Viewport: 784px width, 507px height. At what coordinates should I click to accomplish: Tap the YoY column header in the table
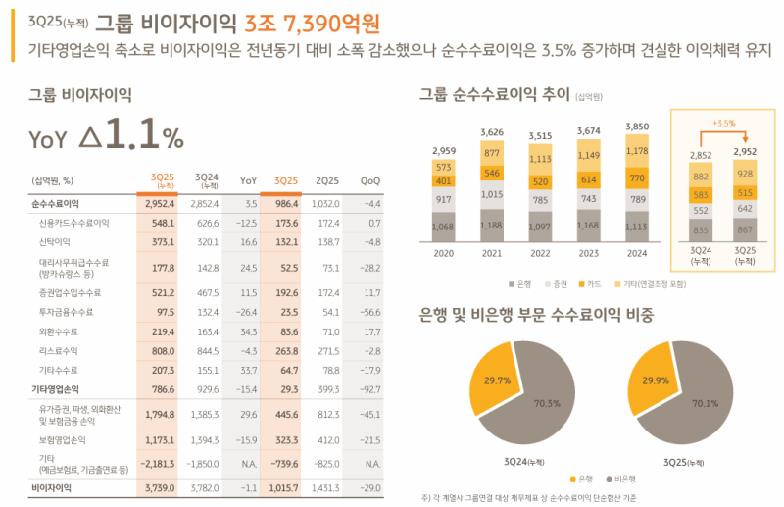(249, 180)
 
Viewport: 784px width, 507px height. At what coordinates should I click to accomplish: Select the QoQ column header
(370, 180)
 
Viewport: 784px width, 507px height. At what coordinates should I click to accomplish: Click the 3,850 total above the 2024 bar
(637, 127)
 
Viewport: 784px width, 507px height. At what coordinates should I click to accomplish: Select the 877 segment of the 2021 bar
(492, 152)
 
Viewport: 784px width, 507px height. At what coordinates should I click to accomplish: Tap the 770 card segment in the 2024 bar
(637, 178)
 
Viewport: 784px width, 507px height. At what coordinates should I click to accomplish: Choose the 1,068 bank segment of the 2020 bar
(443, 228)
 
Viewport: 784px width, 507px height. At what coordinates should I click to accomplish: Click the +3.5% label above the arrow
(724, 123)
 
